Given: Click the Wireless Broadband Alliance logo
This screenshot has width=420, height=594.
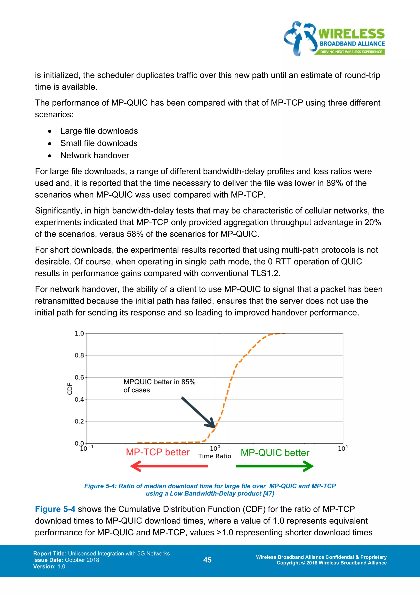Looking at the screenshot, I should click(x=334, y=39).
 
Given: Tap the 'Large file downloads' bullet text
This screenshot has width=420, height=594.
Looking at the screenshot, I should click(x=99, y=131).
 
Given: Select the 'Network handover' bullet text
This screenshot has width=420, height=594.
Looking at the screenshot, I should click(x=95, y=155).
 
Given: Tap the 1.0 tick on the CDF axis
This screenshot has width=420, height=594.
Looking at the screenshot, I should click(x=79, y=334).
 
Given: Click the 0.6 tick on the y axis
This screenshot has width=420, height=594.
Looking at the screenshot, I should click(x=79, y=377).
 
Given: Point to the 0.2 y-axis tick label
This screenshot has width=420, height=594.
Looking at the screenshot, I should click(x=79, y=422).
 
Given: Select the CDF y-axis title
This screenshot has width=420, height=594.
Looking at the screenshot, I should click(x=69, y=389).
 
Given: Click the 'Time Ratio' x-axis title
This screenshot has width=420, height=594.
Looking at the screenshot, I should click(x=215, y=456).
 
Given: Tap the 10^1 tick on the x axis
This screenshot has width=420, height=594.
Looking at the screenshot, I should click(x=343, y=448).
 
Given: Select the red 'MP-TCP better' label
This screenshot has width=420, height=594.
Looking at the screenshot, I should click(x=158, y=452).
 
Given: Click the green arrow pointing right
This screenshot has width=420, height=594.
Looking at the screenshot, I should click(x=275, y=466).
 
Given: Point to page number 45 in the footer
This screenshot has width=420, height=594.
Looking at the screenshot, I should click(x=207, y=560).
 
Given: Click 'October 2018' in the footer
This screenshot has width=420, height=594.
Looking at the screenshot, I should click(x=82, y=560).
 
